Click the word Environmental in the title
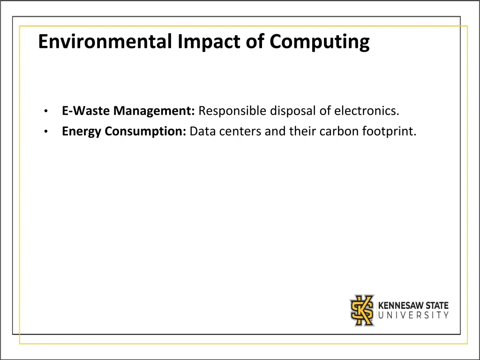tap(106, 42)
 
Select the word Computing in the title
tap(319, 42)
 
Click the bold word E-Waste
tap(86, 111)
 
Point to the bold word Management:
tap(154, 111)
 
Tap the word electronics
tap(367, 111)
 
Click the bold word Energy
tap(82, 131)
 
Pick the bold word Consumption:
tap(146, 131)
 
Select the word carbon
tap(339, 131)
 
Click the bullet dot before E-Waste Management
tap(45, 112)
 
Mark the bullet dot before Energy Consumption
tap(45, 132)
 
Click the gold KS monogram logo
tap(362, 310)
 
